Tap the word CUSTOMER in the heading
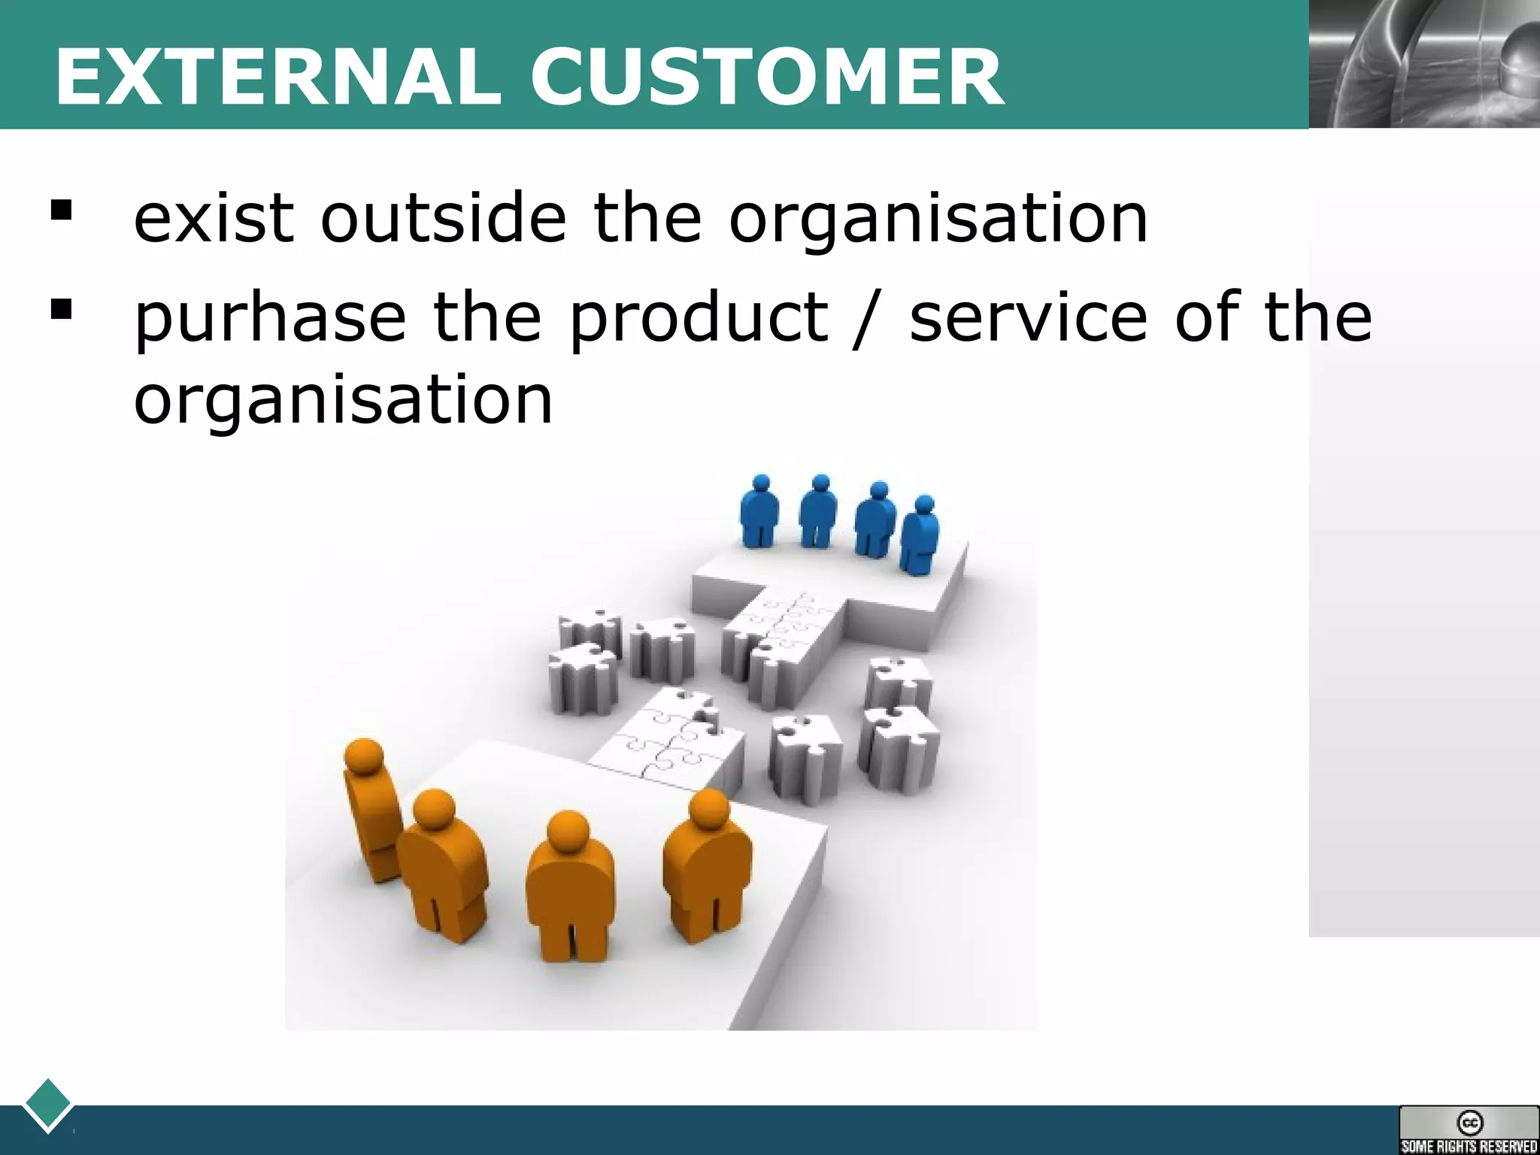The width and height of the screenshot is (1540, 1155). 766,77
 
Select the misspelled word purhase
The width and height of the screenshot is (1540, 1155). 270,319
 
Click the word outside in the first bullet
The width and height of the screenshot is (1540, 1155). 443,219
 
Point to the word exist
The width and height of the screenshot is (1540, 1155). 214,219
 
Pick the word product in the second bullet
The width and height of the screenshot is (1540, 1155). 699,317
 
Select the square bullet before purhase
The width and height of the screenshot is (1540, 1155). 61,308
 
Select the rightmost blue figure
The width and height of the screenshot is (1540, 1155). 920,535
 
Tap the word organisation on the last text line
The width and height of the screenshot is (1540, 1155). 343,400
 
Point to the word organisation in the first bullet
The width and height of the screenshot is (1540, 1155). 938,219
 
